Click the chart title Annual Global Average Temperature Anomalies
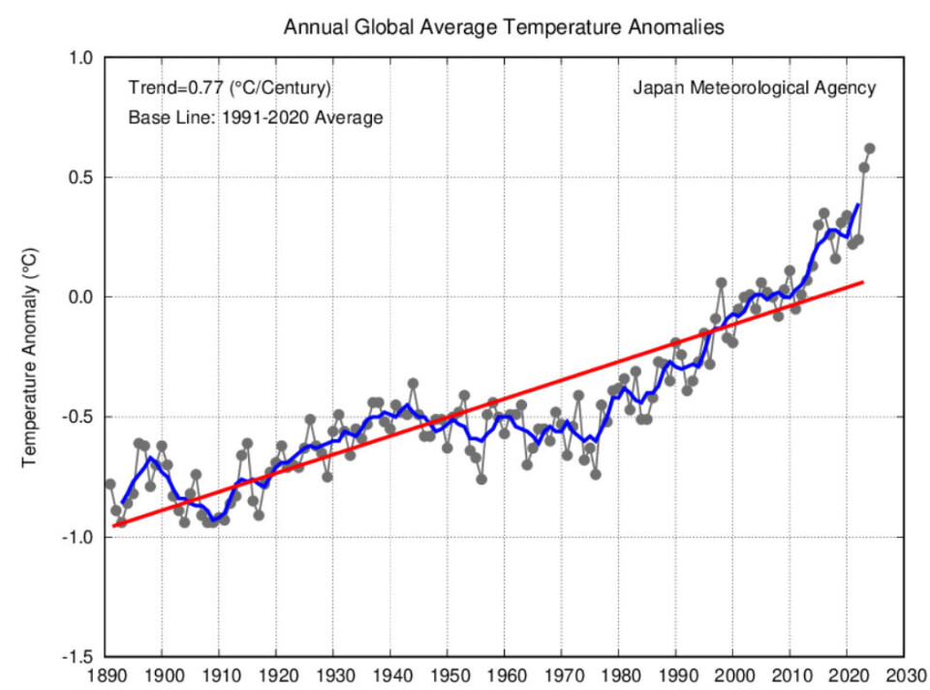pyautogui.click(x=503, y=28)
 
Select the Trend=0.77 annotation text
pyautogui.click(x=230, y=88)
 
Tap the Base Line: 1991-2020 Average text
pyautogui.click(x=256, y=118)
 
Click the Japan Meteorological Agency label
pyautogui.click(x=754, y=88)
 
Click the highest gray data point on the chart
pyautogui.click(x=869, y=148)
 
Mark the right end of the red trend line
pyautogui.click(x=863, y=282)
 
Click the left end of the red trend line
pyautogui.click(x=113, y=526)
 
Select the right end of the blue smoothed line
pyautogui.click(x=857, y=204)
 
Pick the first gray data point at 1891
pyautogui.click(x=110, y=484)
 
